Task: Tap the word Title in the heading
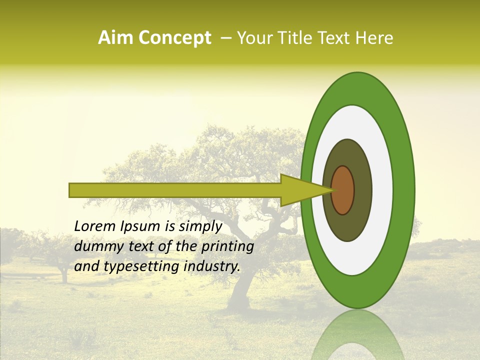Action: pos(298,38)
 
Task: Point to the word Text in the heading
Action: pos(336,38)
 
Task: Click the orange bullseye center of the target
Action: pos(343,190)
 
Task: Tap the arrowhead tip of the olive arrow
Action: pos(332,190)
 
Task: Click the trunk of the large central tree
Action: pos(242,285)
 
